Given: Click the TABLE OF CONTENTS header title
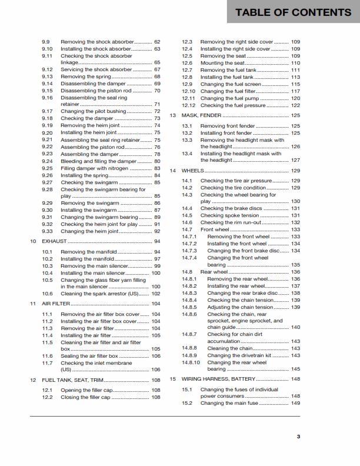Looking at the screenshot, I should click(x=293, y=12).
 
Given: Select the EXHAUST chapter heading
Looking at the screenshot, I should click(x=55, y=241).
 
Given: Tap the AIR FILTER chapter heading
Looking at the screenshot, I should click(x=56, y=304).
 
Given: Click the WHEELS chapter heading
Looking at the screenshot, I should click(x=192, y=171).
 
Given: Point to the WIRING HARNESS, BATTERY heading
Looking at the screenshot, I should click(x=218, y=380).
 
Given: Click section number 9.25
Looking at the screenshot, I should click(x=48, y=168).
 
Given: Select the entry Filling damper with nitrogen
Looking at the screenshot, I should click(x=98, y=168).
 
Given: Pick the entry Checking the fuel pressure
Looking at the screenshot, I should click(x=233, y=105).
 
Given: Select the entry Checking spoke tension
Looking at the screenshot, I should click(x=229, y=215).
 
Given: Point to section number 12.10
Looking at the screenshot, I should click(x=189, y=91).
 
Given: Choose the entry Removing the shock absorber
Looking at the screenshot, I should click(x=97, y=42).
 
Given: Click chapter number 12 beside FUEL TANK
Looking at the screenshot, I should click(x=33, y=380).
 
